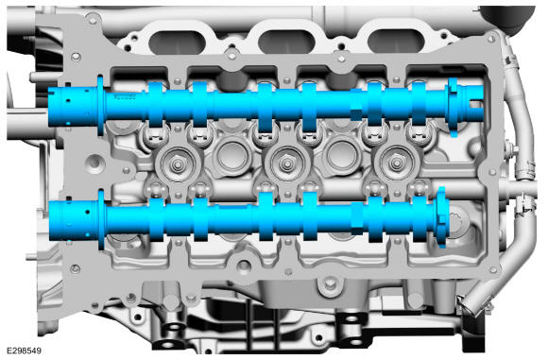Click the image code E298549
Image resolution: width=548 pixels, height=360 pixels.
click(x=25, y=351)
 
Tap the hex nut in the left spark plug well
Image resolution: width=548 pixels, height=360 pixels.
click(x=178, y=164)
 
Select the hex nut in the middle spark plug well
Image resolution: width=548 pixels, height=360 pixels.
click(x=287, y=163)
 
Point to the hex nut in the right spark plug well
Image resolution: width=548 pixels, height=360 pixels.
click(x=397, y=163)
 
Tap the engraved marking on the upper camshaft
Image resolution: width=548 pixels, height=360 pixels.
click(x=125, y=97)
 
